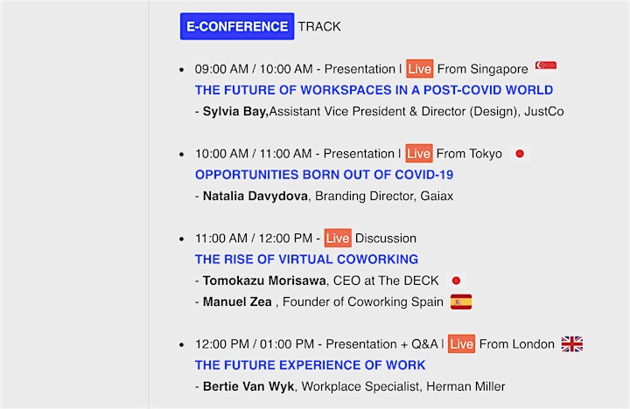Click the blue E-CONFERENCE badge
pyautogui.click(x=237, y=26)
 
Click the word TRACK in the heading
pyautogui.click(x=319, y=26)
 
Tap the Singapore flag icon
pyautogui.click(x=546, y=66)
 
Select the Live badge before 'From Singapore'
pyautogui.click(x=419, y=69)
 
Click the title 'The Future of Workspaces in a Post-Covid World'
pyautogui.click(x=374, y=90)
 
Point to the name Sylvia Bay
pyautogui.click(x=235, y=111)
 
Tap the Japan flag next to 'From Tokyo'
pyautogui.click(x=520, y=153)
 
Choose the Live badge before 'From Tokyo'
pyautogui.click(x=419, y=153)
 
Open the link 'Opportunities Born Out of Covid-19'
pyautogui.click(x=325, y=175)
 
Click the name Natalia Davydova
pyautogui.click(x=255, y=196)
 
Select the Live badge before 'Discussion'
pyautogui.click(x=338, y=238)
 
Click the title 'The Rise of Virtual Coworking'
pyautogui.click(x=306, y=260)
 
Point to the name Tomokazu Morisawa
pyautogui.click(x=264, y=281)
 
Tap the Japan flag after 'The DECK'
pyautogui.click(x=456, y=281)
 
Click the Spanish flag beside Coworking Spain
pyautogui.click(x=461, y=302)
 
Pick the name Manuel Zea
pyautogui.click(x=237, y=302)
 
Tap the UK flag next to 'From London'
pyautogui.click(x=572, y=344)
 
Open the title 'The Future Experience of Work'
pyautogui.click(x=310, y=365)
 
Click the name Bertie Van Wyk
pyautogui.click(x=248, y=386)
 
